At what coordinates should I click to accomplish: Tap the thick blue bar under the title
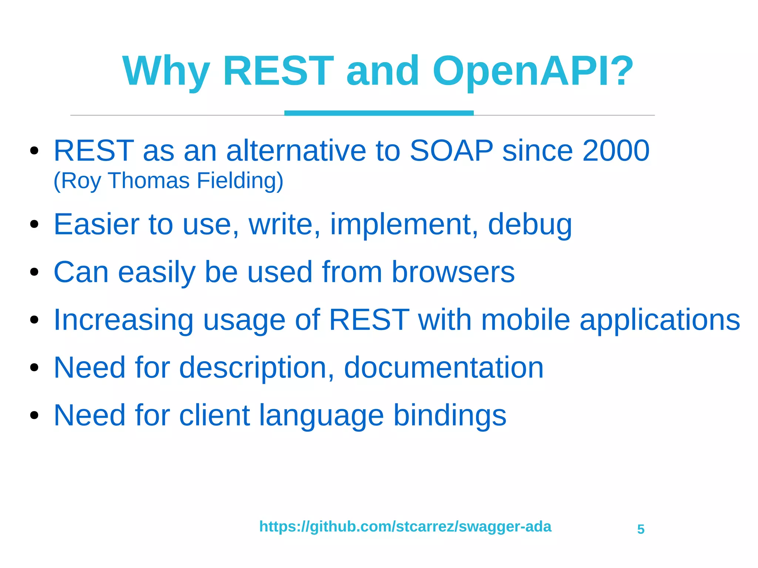click(379, 113)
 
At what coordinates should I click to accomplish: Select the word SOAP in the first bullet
click(451, 151)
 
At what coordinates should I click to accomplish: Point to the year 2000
click(616, 151)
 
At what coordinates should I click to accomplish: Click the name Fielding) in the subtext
click(240, 181)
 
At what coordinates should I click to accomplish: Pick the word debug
click(530, 225)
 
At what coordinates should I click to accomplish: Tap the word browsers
click(453, 272)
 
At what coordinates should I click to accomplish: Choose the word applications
click(660, 320)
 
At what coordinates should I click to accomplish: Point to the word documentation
click(443, 367)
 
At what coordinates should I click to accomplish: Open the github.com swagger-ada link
click(405, 526)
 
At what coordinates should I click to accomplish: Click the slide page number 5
click(641, 529)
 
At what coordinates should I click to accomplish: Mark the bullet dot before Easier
click(34, 224)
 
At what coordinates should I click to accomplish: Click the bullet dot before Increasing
click(34, 319)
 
